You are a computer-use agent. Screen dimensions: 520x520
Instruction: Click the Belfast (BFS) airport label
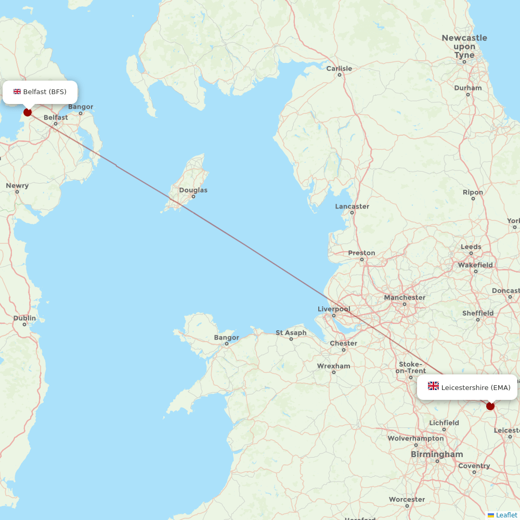[x=40, y=92]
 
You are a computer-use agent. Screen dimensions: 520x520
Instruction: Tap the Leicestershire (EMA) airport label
[x=467, y=387]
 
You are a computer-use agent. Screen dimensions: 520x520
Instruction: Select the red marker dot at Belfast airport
[x=28, y=112]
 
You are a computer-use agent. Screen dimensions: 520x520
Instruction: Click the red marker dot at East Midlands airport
[x=490, y=406]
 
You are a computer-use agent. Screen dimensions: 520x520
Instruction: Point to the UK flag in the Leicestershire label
[x=433, y=386]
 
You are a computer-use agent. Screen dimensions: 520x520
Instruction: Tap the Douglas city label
[x=193, y=190]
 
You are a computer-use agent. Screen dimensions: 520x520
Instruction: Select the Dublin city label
[x=25, y=318]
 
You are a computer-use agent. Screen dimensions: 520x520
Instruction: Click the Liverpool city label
[x=334, y=309]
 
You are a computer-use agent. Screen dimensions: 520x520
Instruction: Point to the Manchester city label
[x=405, y=297]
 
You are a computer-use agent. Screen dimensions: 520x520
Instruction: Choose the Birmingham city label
[x=437, y=454]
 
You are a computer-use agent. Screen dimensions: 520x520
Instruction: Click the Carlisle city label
[x=339, y=69]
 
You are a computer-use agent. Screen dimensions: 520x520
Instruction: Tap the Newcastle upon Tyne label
[x=464, y=46]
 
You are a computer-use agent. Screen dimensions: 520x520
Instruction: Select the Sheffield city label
[x=478, y=313]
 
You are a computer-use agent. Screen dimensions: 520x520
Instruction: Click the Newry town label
[x=17, y=186]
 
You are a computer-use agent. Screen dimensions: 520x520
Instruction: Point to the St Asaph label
[x=291, y=333]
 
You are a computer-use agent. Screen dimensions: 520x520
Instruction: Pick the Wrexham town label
[x=334, y=366]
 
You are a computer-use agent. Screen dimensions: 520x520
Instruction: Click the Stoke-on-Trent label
[x=411, y=368]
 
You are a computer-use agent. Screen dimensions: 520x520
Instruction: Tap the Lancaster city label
[x=352, y=206]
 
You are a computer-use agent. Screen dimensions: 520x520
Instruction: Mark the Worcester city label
[x=407, y=500]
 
